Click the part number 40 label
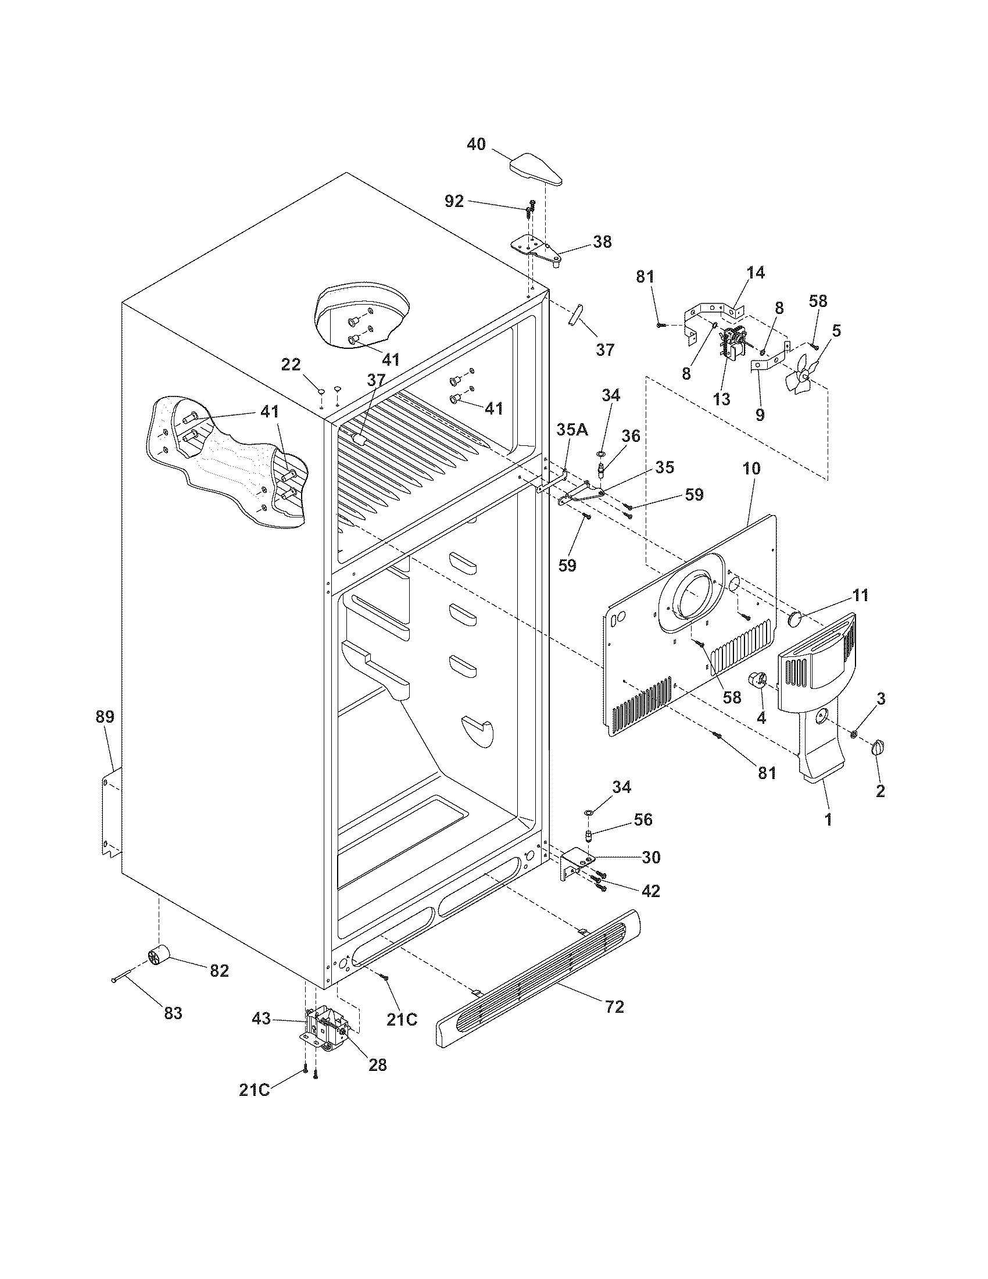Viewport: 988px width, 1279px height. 476,144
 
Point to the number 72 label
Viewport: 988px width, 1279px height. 614,1007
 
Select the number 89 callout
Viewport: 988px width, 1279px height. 105,716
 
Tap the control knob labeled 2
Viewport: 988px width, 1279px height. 878,747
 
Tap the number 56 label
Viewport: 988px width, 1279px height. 643,819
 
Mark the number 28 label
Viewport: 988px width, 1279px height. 378,1064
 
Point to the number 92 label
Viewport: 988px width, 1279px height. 454,202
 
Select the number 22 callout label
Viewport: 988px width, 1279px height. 291,365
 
